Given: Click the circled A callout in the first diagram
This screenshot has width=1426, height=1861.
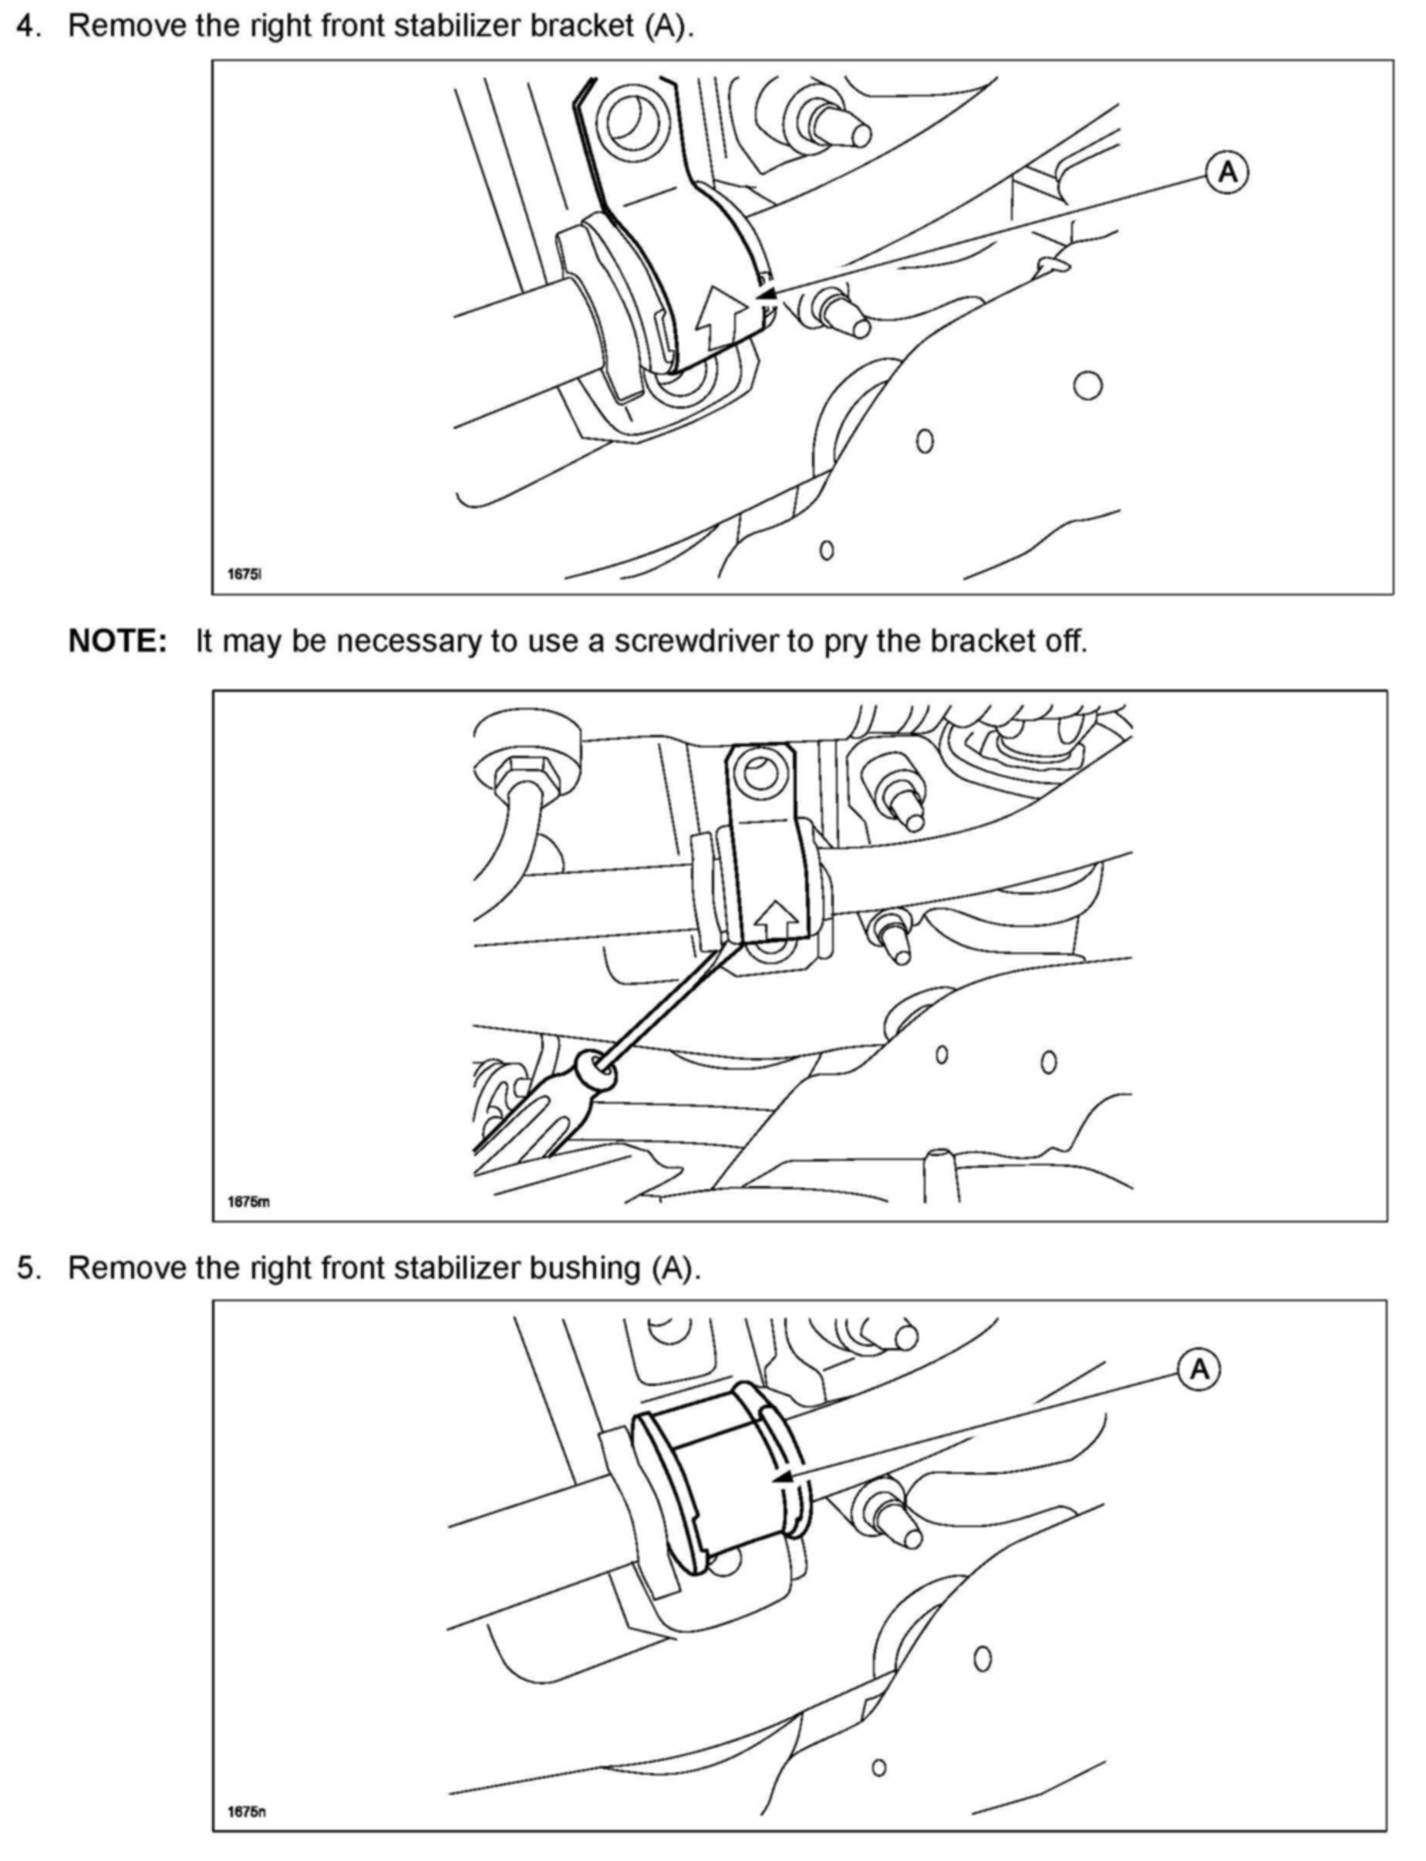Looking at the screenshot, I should click(x=1226, y=172).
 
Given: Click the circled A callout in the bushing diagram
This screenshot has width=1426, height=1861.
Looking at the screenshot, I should click(x=1198, y=1369).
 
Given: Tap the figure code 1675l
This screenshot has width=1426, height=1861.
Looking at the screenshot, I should click(x=244, y=574).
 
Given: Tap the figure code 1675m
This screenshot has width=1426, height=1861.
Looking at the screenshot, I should click(x=248, y=1201).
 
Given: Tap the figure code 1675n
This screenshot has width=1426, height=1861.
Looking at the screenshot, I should click(x=246, y=1812).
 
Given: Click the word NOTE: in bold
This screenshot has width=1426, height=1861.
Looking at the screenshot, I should click(x=118, y=641).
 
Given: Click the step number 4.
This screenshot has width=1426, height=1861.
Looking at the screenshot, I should click(x=28, y=25).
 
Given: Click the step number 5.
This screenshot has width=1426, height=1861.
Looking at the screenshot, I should click(x=28, y=1268).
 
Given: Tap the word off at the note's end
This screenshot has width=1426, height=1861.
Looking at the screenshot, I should click(x=1065, y=641).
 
